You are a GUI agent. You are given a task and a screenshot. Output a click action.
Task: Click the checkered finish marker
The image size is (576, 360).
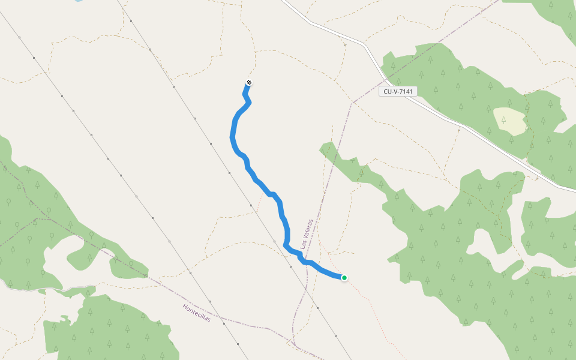click(x=249, y=83)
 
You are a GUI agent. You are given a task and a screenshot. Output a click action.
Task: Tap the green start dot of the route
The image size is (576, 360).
click(x=344, y=277)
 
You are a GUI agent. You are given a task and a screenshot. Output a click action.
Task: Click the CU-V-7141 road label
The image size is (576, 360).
click(x=398, y=91)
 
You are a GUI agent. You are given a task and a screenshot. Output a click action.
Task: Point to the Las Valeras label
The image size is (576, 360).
click(x=307, y=233)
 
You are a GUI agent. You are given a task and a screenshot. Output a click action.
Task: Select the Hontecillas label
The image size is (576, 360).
click(x=197, y=313)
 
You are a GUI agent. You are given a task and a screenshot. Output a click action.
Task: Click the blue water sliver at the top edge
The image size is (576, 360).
click(x=78, y=1)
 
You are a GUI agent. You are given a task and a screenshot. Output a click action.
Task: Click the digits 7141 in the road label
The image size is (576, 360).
click(x=406, y=91)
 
